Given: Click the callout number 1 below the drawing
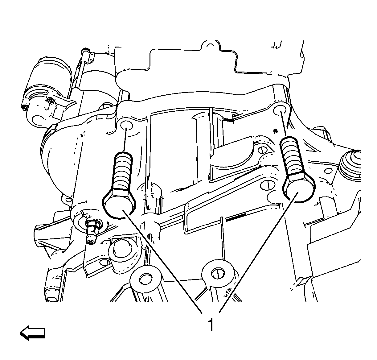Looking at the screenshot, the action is tap(211, 325).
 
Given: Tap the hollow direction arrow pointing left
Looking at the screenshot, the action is tap(32, 333).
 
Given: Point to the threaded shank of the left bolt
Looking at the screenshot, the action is tap(123, 171).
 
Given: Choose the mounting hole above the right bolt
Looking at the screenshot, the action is tap(280, 110).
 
